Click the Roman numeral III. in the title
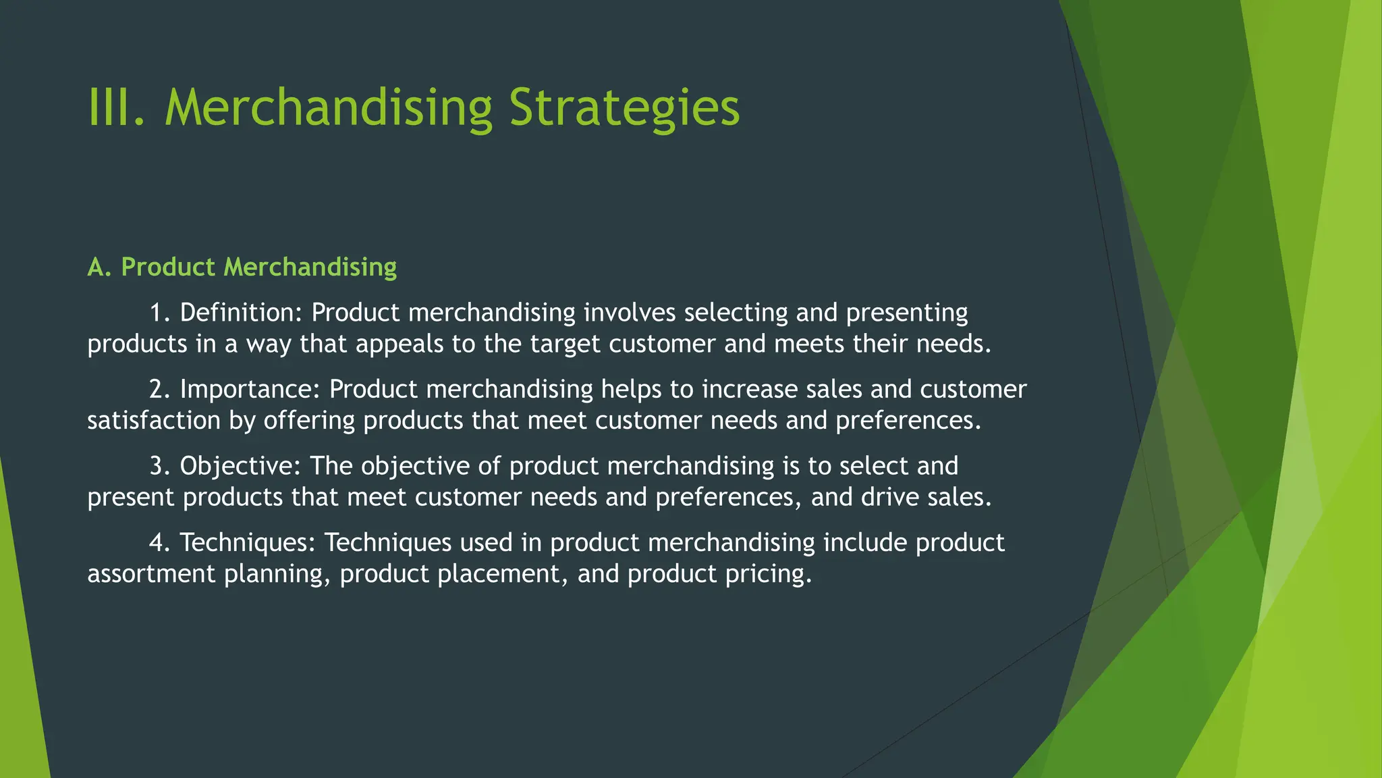pos(116,108)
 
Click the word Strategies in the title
pos(624,108)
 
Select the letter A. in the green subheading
pos(99,267)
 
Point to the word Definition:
pos(242,313)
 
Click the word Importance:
pos(250,390)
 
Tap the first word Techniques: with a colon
pos(248,542)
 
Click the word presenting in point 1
pos(907,313)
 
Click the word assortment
pos(151,574)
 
